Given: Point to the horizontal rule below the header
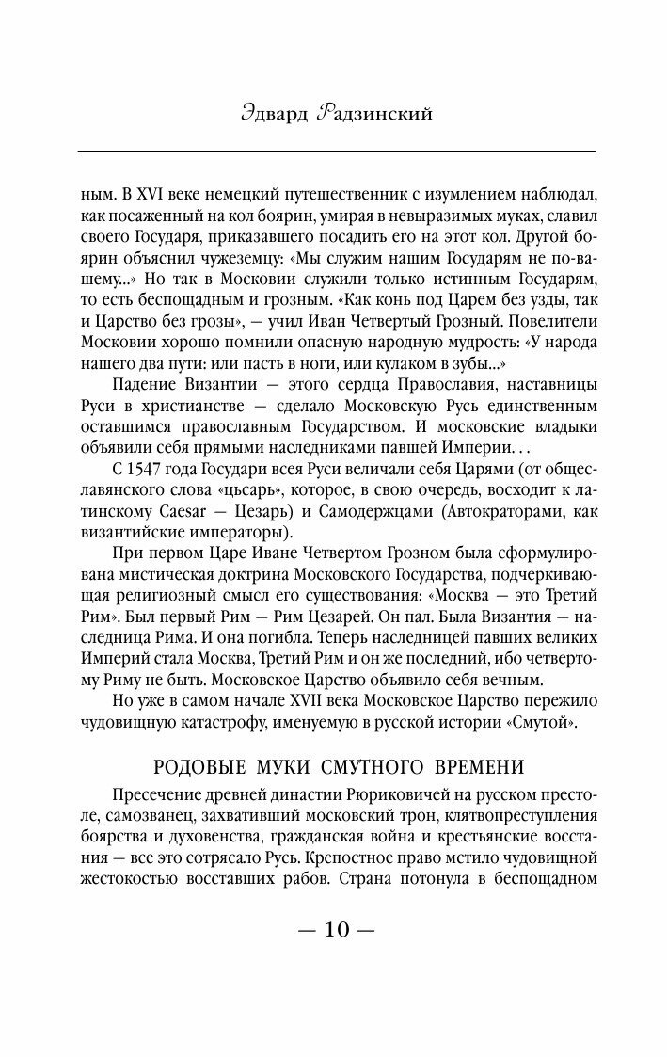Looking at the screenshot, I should [336, 152].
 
